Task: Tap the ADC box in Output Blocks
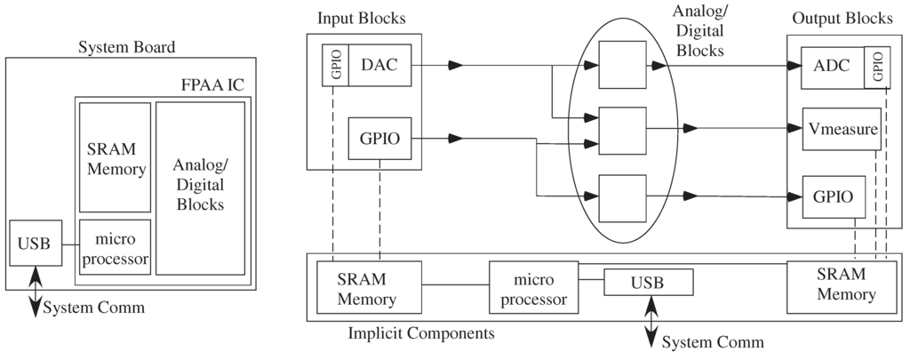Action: pyautogui.click(x=832, y=65)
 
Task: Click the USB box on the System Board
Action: pyautogui.click(x=35, y=243)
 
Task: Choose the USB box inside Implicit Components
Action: pyautogui.click(x=648, y=283)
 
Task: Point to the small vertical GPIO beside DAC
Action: pyautogui.click(x=335, y=65)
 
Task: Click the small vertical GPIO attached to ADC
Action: pyautogui.click(x=877, y=65)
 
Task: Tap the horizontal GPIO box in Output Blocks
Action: pyautogui.click(x=833, y=196)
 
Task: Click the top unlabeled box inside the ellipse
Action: pyautogui.click(x=622, y=65)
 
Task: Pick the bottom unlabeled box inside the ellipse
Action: pyautogui.click(x=622, y=196)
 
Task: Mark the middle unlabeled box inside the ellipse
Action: pyautogui.click(x=622, y=130)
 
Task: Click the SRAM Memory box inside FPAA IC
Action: pyautogui.click(x=115, y=157)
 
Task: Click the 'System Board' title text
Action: pyautogui.click(x=127, y=46)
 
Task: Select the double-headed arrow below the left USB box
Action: pyautogui.click(x=36, y=291)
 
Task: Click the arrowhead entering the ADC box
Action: pyautogui.click(x=792, y=65)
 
